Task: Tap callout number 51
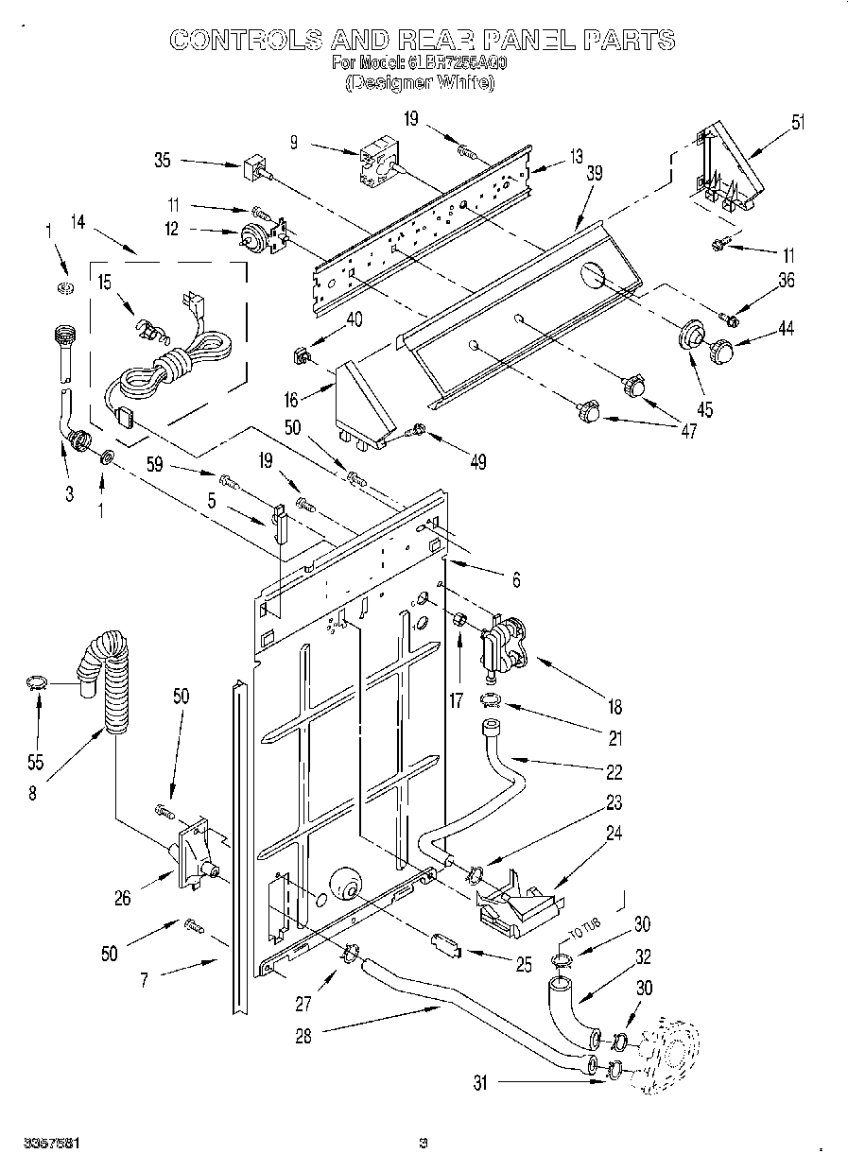point(799,121)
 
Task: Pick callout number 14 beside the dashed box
point(78,224)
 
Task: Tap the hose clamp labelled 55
point(36,682)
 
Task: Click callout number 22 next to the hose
point(614,772)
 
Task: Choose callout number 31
point(479,1083)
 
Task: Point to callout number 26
point(123,899)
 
